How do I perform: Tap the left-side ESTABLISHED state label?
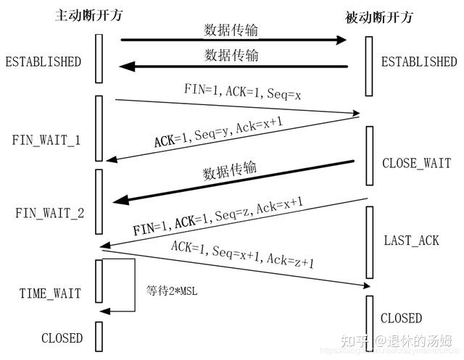[43, 62]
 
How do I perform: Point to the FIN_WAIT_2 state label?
[46, 213]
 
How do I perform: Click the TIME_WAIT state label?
[49, 293]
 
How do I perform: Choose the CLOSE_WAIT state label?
[417, 164]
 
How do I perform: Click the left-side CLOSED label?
[62, 338]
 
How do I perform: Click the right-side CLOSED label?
[402, 318]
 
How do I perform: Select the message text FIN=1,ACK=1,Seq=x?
[232, 92]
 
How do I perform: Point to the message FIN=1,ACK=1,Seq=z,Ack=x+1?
[217, 217]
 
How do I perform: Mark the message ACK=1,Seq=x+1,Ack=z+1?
[243, 255]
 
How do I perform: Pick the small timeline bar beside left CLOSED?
[99, 335]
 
